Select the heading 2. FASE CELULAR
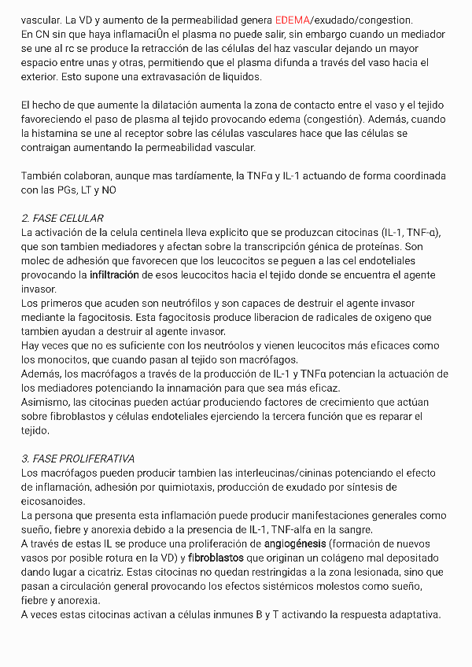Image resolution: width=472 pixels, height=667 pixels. click(x=62, y=218)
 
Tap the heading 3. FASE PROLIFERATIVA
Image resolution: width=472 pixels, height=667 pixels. click(x=78, y=459)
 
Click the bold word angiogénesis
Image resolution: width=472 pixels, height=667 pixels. click(x=292, y=544)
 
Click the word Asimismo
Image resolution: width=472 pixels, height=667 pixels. click(x=46, y=403)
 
